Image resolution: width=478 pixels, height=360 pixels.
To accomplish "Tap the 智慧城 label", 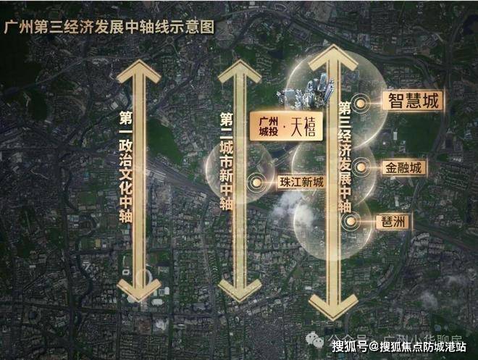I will point(412,101).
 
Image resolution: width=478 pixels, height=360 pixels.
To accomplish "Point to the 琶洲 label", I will point(390,222).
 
